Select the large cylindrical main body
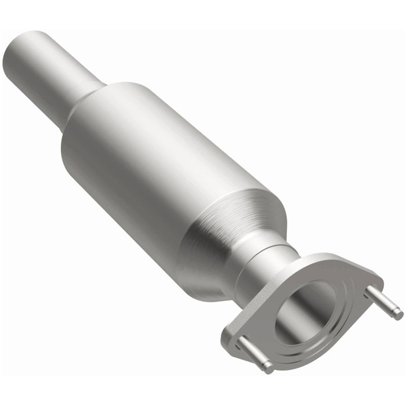pos(151,162)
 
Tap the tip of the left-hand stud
pos(268,367)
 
